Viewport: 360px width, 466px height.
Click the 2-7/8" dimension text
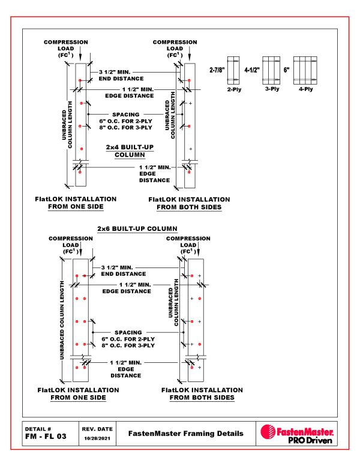pyautogui.click(x=217, y=70)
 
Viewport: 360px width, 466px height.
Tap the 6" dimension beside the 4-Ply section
pyautogui.click(x=287, y=70)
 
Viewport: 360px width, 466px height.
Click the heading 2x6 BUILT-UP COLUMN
pyautogui.click(x=137, y=229)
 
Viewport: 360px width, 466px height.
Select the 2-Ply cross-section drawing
pyautogui.click(x=234, y=70)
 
